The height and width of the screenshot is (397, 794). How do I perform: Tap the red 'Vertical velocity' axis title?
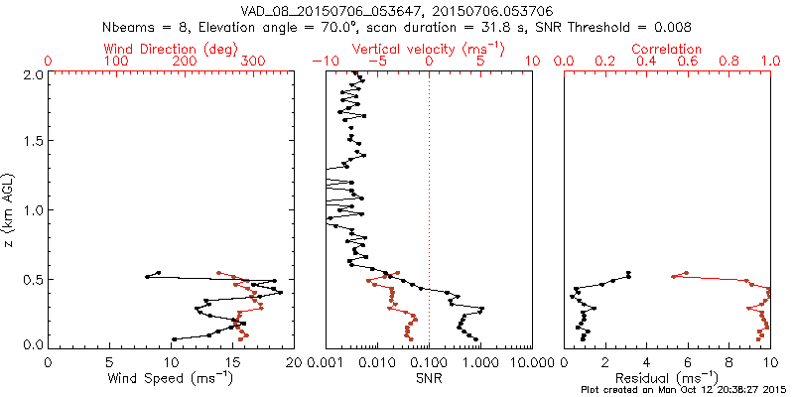[x=428, y=49]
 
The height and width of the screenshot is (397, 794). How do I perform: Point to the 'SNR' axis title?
[x=429, y=379]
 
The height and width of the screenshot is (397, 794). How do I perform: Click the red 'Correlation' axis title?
[x=667, y=49]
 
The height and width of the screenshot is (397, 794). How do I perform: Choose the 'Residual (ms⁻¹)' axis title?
[x=667, y=379]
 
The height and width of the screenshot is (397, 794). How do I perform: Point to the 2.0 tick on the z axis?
[x=33, y=74]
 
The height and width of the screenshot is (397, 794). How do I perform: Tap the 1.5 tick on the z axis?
[x=33, y=142]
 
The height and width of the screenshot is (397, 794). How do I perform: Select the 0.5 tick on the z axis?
[x=33, y=278]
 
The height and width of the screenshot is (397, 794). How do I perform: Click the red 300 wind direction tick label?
[x=253, y=62]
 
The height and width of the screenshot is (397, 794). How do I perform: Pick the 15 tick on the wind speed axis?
[x=232, y=363]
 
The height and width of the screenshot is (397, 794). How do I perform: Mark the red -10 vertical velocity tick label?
[x=326, y=62]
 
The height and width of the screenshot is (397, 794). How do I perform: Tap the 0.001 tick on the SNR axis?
[x=327, y=363]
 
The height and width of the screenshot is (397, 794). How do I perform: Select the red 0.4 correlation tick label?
[x=646, y=62]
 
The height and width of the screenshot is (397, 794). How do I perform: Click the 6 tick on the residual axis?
[x=687, y=363]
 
